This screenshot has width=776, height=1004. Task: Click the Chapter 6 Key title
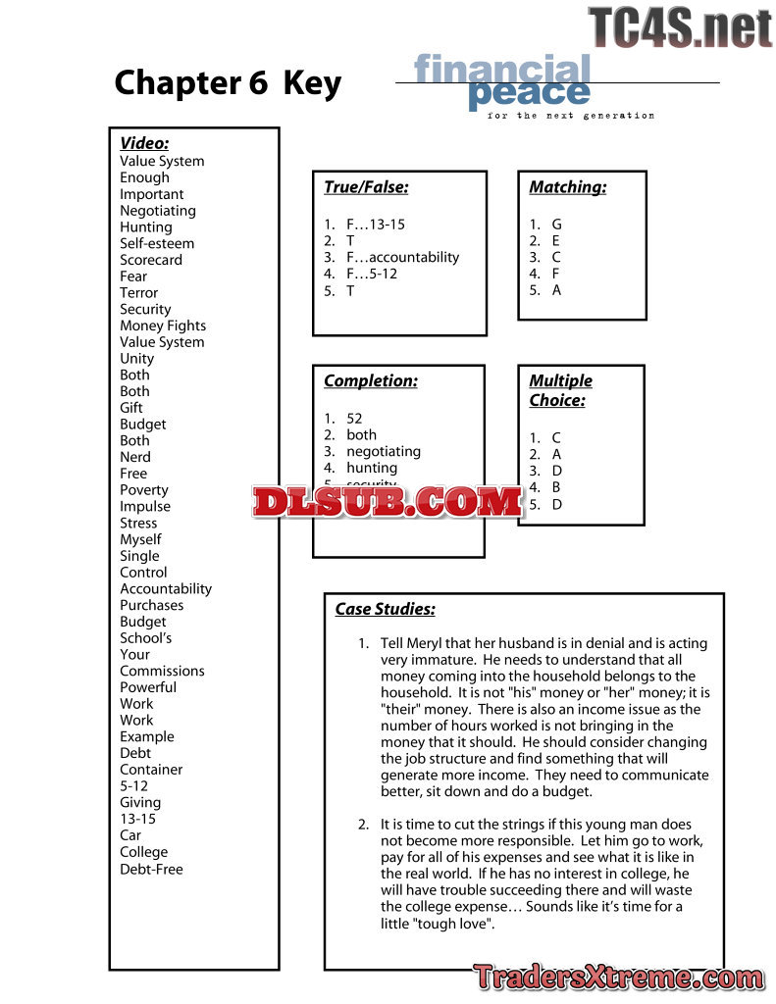(228, 83)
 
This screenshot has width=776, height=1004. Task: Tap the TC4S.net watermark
(680, 27)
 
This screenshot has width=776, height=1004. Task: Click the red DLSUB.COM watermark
(388, 502)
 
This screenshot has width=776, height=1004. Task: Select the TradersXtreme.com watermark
(618, 978)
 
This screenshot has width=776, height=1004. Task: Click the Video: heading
(144, 143)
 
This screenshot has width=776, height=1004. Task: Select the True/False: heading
(366, 187)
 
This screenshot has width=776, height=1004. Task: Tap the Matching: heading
(567, 187)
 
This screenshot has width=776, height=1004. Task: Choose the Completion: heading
(370, 380)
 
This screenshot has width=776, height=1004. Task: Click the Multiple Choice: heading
(560, 390)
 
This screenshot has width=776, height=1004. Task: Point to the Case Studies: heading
(385, 609)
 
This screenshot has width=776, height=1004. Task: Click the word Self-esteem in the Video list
(157, 243)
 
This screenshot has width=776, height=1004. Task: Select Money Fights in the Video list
(163, 326)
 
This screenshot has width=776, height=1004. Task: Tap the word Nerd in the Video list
(135, 457)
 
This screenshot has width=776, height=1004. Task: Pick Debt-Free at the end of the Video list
(151, 869)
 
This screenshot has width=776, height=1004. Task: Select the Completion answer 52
(354, 419)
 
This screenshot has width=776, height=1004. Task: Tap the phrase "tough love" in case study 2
(453, 924)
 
